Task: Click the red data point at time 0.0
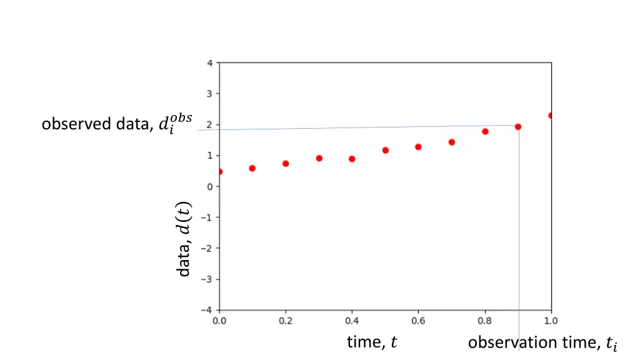(x=219, y=172)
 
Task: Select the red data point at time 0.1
(x=252, y=168)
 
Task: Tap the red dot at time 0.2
(x=286, y=164)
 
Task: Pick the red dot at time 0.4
(x=352, y=159)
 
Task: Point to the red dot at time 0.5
(x=385, y=150)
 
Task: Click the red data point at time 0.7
(x=452, y=142)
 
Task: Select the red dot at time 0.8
(x=485, y=131)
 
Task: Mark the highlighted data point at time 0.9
(x=518, y=127)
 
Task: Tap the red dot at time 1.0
(x=551, y=116)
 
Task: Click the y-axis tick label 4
(x=211, y=63)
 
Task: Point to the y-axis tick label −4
(x=208, y=310)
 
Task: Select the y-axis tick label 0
(x=211, y=186)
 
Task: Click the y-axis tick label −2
(x=208, y=248)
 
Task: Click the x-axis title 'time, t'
(x=372, y=342)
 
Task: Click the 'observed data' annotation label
(x=117, y=124)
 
